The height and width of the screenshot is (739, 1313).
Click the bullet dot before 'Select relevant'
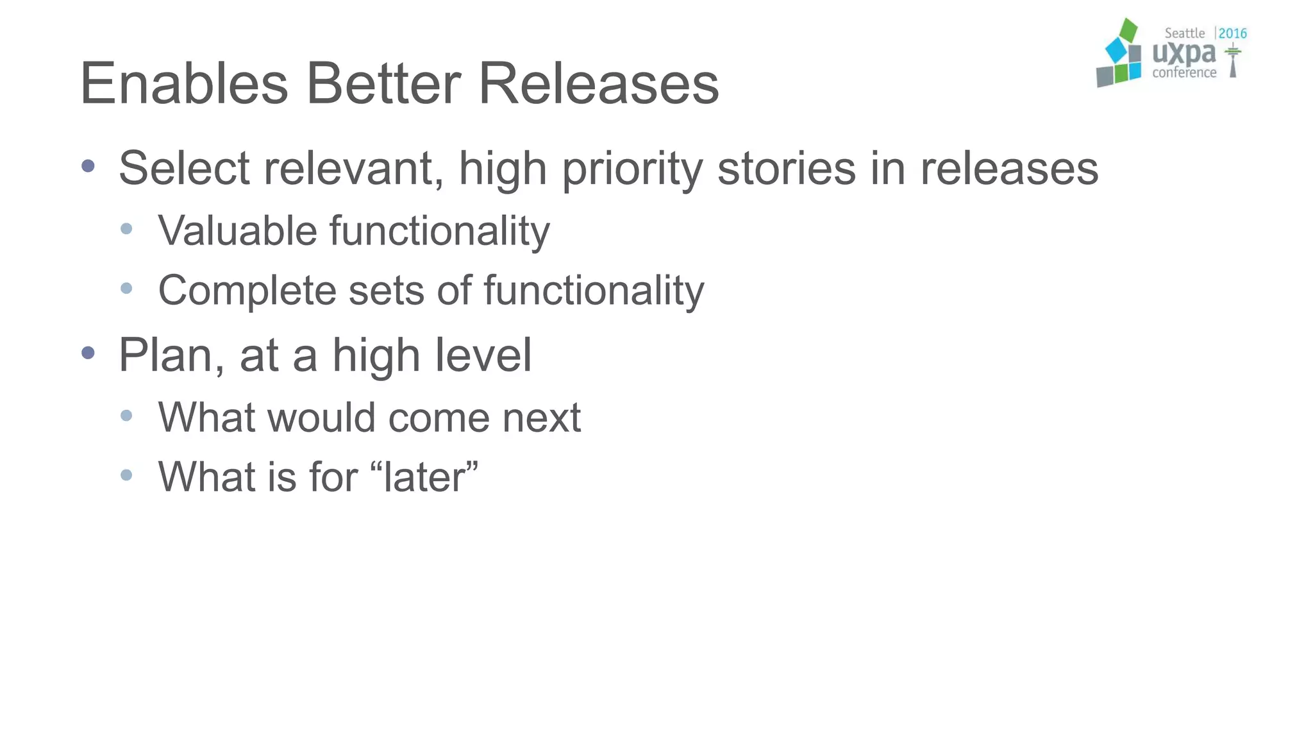click(x=88, y=166)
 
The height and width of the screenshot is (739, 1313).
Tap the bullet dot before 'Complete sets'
click(x=126, y=288)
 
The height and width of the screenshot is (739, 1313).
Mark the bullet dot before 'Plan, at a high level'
click(x=88, y=352)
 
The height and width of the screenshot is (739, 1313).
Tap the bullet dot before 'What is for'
click(x=126, y=475)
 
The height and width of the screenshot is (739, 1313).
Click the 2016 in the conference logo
click(x=1232, y=33)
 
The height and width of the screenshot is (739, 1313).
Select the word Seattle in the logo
click(x=1184, y=33)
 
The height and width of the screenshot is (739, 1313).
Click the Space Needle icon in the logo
click(x=1232, y=62)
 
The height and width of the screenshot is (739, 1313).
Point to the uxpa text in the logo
click(x=1183, y=53)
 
